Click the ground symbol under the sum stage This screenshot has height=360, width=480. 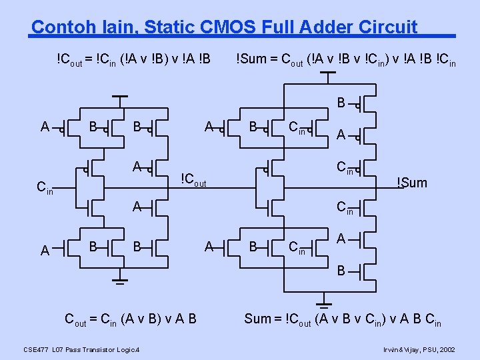[323, 298]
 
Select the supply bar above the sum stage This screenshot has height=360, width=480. [327, 73]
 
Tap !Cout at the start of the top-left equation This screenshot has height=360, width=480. [70, 59]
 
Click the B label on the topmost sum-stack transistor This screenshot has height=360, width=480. [341, 103]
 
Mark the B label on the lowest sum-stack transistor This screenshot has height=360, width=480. [341, 271]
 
